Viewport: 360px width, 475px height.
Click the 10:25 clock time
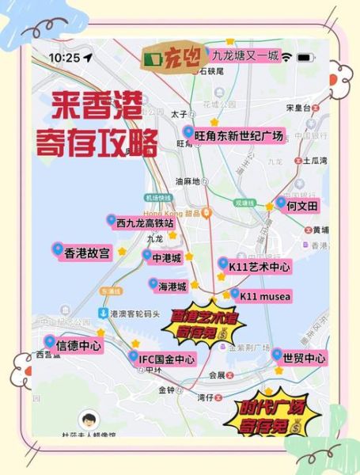point(65,58)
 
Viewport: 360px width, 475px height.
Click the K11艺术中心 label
point(255,267)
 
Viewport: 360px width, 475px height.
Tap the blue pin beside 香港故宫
point(57,251)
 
